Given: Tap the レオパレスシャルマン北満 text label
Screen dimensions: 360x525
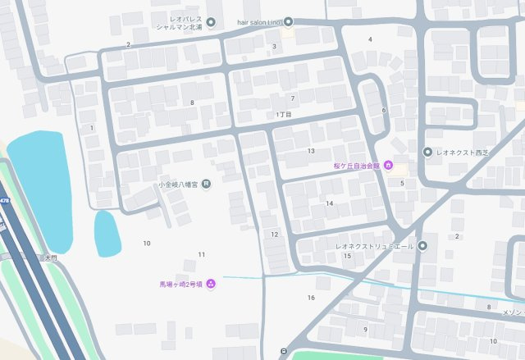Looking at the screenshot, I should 180,22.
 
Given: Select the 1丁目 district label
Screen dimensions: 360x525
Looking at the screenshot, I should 284,115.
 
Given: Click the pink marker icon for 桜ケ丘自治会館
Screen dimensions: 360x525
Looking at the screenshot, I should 389,167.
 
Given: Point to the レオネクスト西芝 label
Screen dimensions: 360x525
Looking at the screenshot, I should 464,152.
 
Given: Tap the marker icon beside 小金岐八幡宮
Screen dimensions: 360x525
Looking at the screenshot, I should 207,184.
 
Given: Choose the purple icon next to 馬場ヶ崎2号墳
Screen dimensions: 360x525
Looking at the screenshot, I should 211,284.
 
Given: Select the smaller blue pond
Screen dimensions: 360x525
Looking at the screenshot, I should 107,232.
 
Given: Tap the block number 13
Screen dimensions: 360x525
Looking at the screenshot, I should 311,151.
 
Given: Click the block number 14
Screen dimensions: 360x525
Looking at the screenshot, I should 330,203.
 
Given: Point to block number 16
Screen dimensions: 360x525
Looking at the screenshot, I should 311,297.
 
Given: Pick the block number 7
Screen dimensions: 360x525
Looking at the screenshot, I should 292,98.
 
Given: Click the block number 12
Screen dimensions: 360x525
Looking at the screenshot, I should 275,235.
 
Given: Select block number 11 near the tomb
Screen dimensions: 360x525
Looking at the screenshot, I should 201,255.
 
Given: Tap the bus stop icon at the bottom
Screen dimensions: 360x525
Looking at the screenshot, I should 283,352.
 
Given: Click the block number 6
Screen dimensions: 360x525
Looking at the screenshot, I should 383,110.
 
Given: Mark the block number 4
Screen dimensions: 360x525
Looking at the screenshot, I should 370,39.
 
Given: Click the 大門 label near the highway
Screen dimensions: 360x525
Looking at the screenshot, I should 52,257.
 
